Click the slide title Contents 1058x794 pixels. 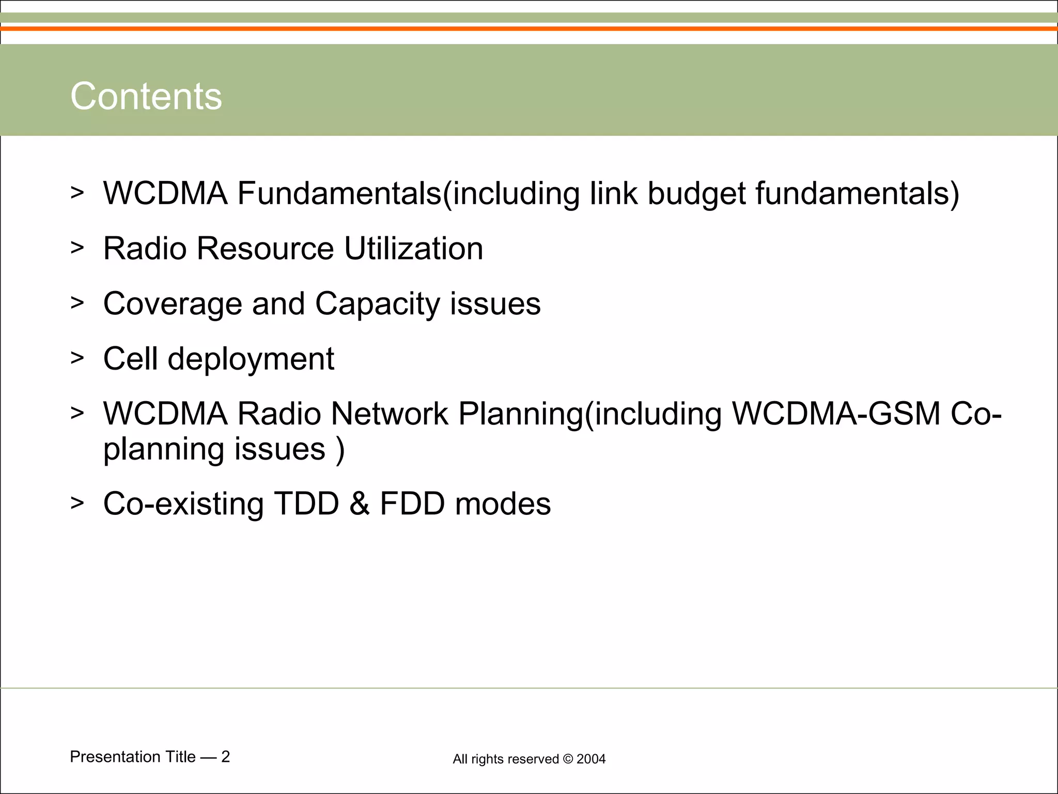146,96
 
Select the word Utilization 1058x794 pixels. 413,248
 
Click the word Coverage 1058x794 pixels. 173,303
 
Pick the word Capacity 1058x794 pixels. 377,303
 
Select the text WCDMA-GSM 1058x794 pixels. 836,414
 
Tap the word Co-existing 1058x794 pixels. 183,503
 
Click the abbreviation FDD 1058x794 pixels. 412,503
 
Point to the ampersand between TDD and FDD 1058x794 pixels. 359,503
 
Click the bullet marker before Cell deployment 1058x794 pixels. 77,358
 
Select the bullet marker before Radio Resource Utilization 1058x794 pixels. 77,248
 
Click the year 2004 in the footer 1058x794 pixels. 591,759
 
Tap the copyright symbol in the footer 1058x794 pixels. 568,759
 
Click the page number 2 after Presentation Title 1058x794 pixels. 225,757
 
